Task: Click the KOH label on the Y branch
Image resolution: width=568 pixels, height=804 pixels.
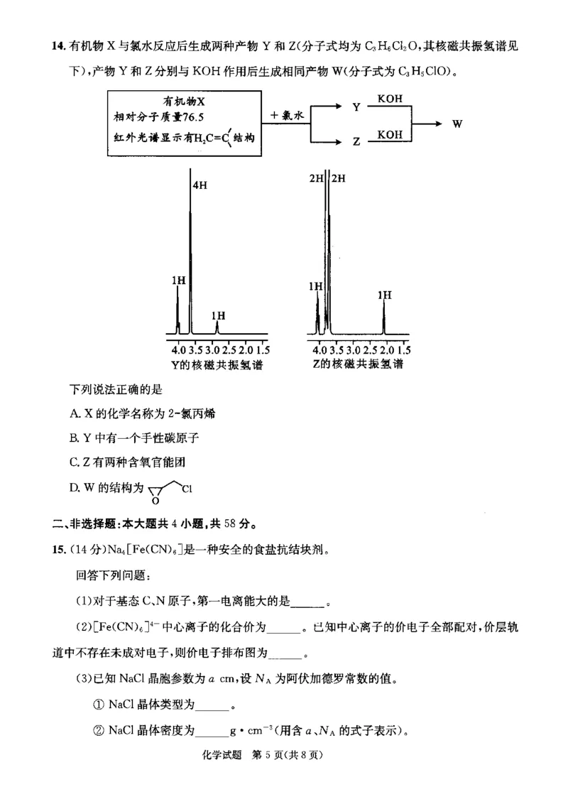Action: [390, 99]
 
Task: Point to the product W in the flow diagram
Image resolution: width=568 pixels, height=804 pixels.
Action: [457, 124]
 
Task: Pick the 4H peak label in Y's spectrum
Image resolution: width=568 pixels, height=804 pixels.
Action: [200, 185]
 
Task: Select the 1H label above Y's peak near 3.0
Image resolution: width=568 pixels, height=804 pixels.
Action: [218, 315]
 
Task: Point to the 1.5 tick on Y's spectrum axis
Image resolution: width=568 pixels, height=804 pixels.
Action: [262, 350]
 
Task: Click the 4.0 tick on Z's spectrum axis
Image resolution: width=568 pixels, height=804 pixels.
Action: [319, 350]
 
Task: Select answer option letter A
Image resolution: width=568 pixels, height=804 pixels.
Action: [74, 414]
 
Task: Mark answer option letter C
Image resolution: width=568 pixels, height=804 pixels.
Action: [74, 462]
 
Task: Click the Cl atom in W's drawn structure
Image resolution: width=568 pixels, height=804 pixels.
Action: [187, 488]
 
